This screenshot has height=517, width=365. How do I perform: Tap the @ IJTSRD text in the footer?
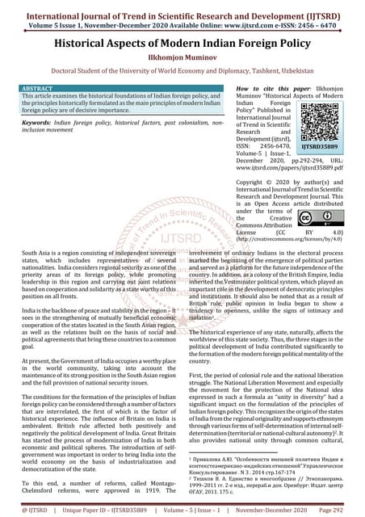[x=24, y=511]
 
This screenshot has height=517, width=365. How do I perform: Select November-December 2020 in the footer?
[x=271, y=511]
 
